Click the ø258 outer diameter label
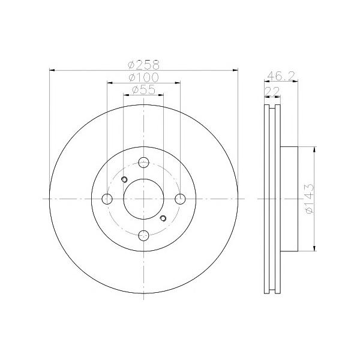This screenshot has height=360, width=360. click(x=143, y=65)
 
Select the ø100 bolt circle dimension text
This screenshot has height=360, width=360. click(x=143, y=77)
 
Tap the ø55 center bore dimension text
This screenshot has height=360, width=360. click(x=143, y=90)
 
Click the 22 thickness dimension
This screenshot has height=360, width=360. click(x=272, y=91)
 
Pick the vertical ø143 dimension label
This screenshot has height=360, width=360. click(x=309, y=199)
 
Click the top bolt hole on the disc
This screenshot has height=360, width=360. click(x=144, y=163)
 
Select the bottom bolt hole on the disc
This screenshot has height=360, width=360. click(x=144, y=235)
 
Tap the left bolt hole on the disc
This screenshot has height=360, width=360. click(x=107, y=199)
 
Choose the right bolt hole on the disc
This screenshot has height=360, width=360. click(x=180, y=199)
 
